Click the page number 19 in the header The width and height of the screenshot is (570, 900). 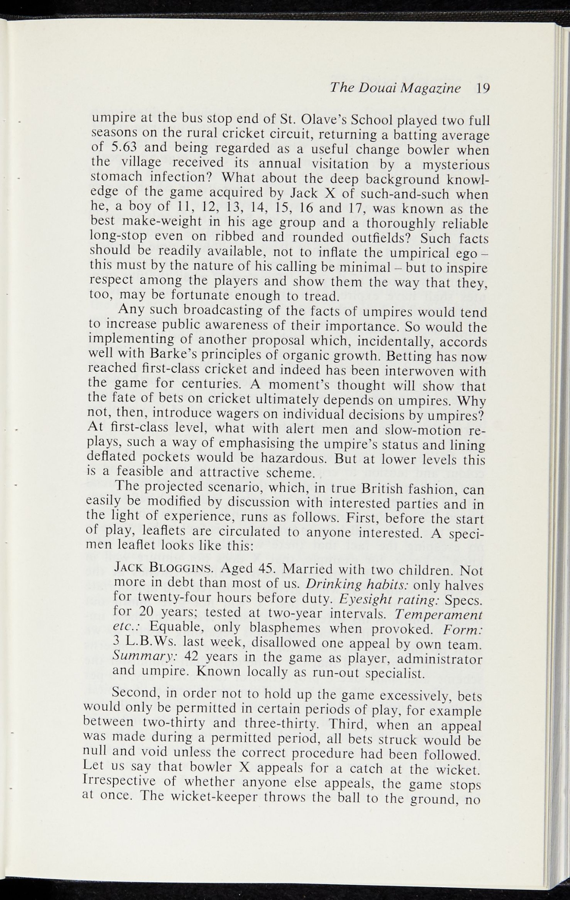pos(482,89)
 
